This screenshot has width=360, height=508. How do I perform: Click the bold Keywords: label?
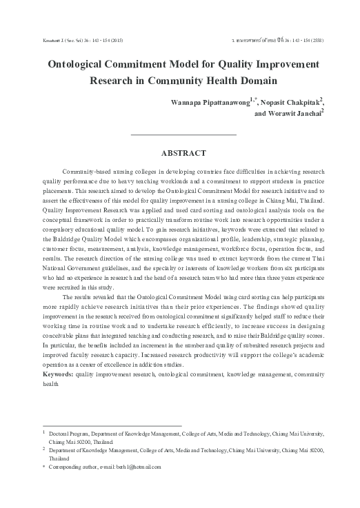(x=58, y=373)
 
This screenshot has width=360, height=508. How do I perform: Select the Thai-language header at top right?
(x=282, y=41)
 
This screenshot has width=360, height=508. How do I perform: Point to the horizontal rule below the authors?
(x=183, y=134)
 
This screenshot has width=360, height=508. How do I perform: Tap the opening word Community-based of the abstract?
(x=85, y=169)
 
